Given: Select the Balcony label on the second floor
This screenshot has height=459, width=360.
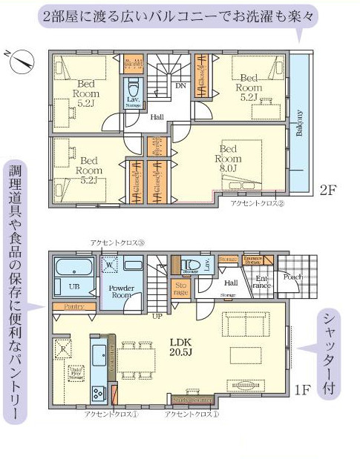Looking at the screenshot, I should coord(299,123).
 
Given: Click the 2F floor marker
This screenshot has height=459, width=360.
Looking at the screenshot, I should coord(328,189).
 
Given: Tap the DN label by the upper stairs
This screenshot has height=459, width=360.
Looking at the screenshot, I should coord(180,85).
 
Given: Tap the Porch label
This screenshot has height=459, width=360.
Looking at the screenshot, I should coord(292,277).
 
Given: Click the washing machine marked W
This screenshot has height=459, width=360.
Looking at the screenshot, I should coord(110,265).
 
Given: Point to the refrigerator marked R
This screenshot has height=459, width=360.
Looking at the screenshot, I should coord(65,347).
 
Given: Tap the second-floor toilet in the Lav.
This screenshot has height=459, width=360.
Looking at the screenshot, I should coord(134,87).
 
